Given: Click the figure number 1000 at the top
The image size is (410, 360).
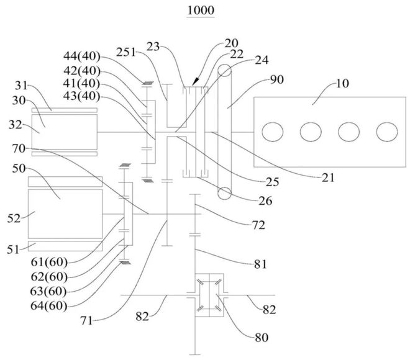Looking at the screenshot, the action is pos(201,11).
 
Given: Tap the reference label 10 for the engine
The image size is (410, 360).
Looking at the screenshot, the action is pos(342,84).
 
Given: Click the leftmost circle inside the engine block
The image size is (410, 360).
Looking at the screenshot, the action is pos(272,132).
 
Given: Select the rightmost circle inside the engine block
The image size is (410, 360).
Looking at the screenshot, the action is pos(387,132).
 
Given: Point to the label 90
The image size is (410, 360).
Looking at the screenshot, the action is pos(277,79).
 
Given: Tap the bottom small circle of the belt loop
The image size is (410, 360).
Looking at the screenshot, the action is pos(225,193).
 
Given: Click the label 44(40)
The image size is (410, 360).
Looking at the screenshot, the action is pos(81,56).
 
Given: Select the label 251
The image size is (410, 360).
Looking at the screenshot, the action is pos(126,53).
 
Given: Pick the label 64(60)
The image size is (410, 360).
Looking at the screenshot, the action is pos(49,305).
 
